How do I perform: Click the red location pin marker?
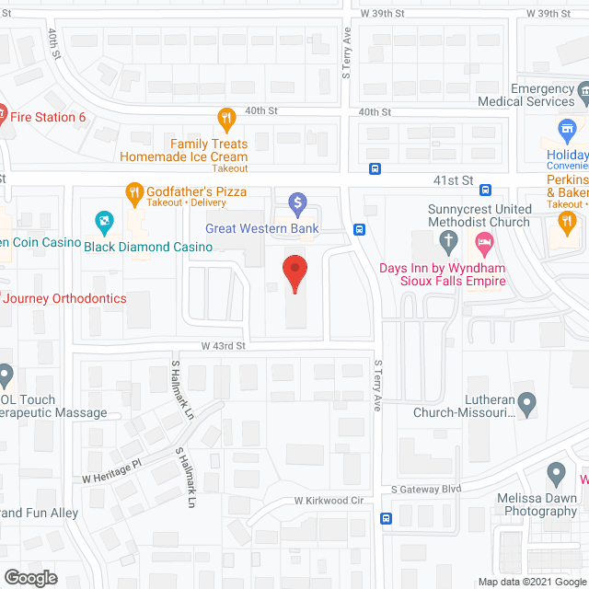(294, 273)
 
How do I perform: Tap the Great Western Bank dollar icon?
(296, 202)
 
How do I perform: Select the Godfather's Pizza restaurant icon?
(135, 191)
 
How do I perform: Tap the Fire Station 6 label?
(48, 117)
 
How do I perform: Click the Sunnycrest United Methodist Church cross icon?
(448, 243)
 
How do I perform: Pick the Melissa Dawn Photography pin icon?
(556, 475)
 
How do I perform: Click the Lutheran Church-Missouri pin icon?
(526, 402)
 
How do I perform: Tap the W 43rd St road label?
(225, 346)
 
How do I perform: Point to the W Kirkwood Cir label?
(329, 501)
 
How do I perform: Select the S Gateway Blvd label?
(425, 490)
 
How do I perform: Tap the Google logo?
(29, 578)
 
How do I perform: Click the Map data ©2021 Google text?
(531, 582)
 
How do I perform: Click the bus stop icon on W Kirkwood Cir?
(387, 518)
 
